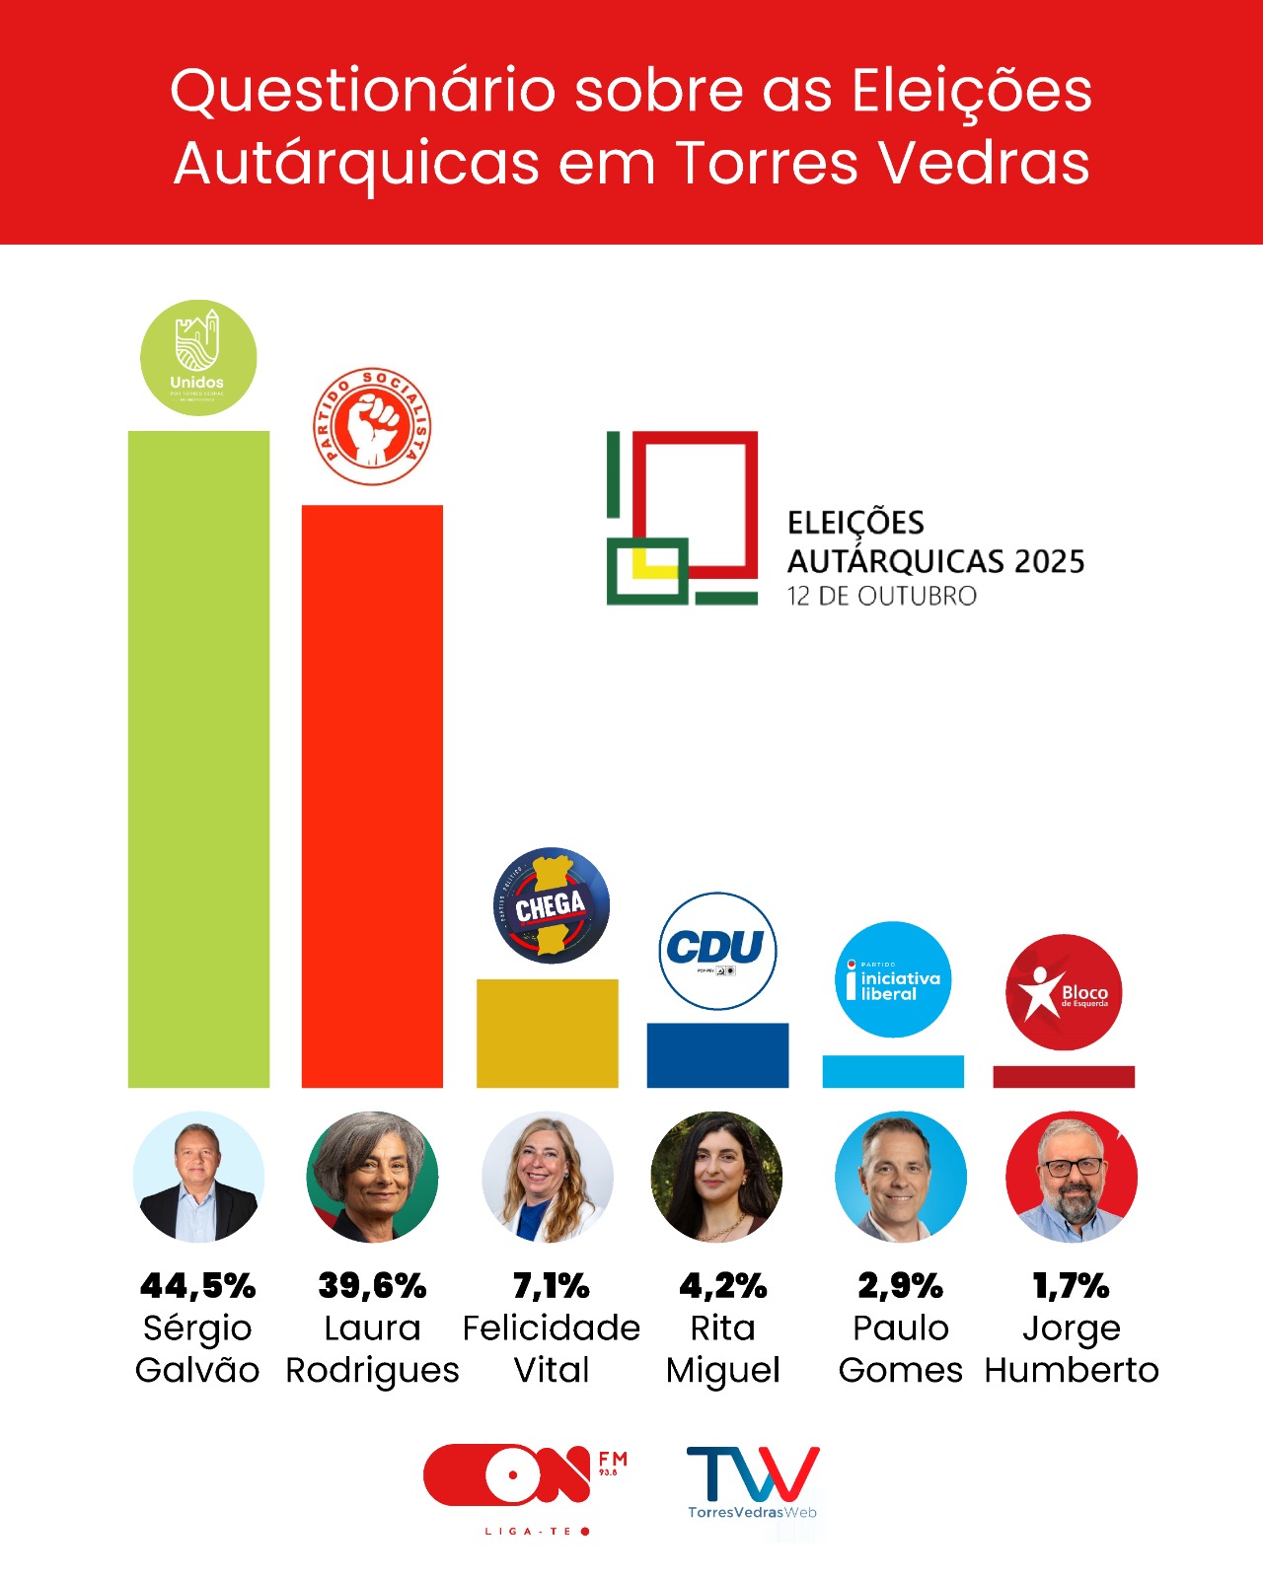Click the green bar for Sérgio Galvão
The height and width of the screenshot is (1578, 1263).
pyautogui.click(x=198, y=759)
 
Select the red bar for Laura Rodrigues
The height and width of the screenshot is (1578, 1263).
pyautogui.click(x=372, y=796)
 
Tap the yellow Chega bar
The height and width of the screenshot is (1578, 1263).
pyautogui.click(x=547, y=1033)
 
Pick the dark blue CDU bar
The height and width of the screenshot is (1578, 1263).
pyautogui.click(x=717, y=1055)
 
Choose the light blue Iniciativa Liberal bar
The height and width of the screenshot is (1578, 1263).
pyautogui.click(x=893, y=1071)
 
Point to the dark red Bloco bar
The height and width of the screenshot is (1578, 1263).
pyautogui.click(x=1064, y=1077)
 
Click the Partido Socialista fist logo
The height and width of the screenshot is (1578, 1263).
pyautogui.click(x=372, y=427)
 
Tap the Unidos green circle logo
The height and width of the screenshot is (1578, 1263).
pyautogui.click(x=198, y=357)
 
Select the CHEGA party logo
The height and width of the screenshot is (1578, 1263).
pyautogui.click(x=551, y=905)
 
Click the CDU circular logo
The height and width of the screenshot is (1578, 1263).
pyautogui.click(x=717, y=951)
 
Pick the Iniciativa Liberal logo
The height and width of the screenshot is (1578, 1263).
pyautogui.click(x=893, y=979)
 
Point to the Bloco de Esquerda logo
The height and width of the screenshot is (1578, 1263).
pyautogui.click(x=1064, y=992)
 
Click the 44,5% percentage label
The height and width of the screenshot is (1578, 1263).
pyautogui.click(x=198, y=1286)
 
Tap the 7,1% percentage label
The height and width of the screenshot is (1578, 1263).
pyautogui.click(x=551, y=1286)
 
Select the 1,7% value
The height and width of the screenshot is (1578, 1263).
pyautogui.click(x=1072, y=1286)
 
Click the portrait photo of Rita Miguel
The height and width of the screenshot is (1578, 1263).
pyautogui.click(x=717, y=1177)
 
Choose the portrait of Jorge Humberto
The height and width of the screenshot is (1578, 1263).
pyautogui.click(x=1072, y=1177)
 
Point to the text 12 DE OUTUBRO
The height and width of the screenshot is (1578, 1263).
pyautogui.click(x=881, y=597)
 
